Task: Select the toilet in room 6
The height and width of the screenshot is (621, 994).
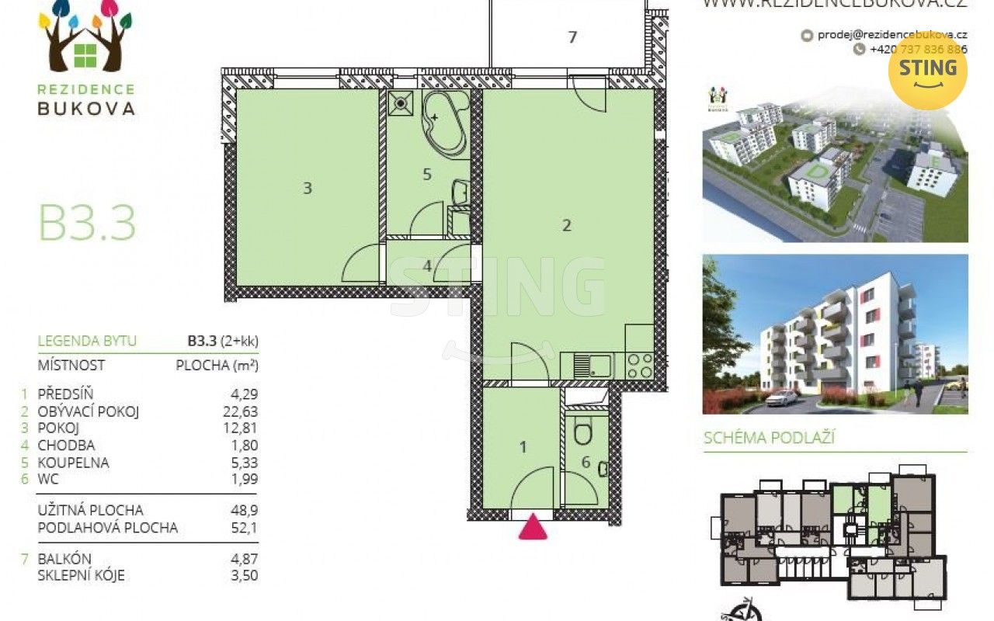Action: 582,433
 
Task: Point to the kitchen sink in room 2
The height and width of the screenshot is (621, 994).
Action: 591,366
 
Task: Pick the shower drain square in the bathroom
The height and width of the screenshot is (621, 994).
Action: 401,103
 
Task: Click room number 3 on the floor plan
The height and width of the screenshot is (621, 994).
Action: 308,188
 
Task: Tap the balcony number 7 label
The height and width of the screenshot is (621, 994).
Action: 572,36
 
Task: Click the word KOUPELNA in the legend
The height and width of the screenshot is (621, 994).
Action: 73,463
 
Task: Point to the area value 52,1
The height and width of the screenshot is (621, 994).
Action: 243,528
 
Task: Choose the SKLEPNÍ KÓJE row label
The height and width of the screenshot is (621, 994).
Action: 81,576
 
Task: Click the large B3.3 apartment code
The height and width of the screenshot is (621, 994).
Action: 87,223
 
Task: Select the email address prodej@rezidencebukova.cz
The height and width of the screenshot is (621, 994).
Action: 891,34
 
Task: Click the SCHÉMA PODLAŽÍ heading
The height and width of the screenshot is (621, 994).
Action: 768,438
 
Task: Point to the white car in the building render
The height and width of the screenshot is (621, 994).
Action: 781,397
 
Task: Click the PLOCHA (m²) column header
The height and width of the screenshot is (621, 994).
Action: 217,365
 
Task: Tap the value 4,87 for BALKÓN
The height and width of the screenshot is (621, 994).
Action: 242,559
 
